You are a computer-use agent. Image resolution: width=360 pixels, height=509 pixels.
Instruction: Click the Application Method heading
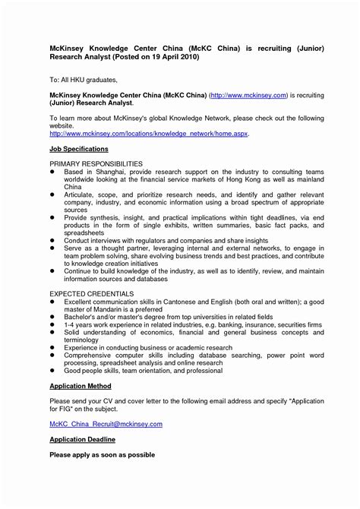click(81, 385)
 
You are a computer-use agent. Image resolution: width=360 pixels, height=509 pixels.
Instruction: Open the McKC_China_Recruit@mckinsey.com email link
click(106, 424)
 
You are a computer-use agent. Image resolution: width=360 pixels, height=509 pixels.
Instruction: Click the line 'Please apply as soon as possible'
click(102, 454)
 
